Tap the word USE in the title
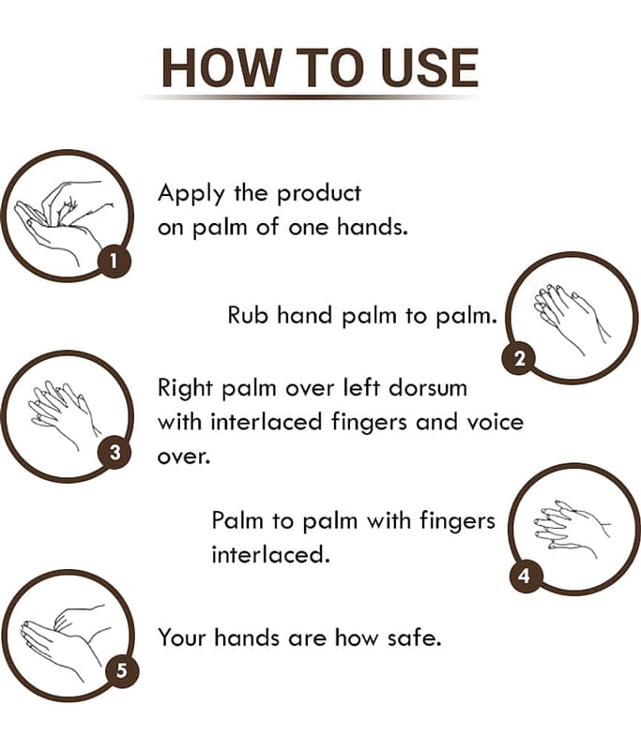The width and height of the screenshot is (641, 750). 431,67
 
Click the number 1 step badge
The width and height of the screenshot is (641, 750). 114,262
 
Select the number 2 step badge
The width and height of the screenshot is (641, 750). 519,359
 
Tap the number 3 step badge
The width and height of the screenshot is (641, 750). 114,452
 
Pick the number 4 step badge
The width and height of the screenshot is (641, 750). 526,575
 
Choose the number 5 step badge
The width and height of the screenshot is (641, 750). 122,670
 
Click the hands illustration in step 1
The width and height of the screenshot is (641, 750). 63,221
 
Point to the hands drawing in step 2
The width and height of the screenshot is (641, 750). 572,318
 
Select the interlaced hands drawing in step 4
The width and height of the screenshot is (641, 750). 572,530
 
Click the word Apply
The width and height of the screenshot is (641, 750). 191,195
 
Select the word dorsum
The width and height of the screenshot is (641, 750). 428,388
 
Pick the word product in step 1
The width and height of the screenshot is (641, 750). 319,195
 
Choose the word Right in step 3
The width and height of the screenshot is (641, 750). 185,389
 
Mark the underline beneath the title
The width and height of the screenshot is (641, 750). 309,97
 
